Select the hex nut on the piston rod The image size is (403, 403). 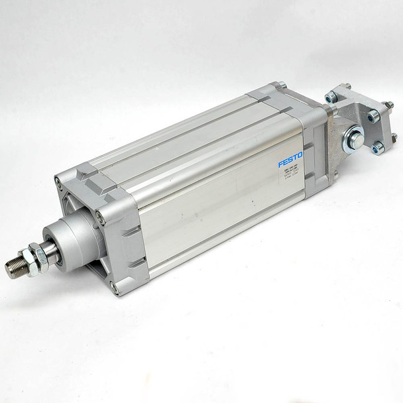point(32,256)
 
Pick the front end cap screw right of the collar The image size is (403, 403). point(101,215)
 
